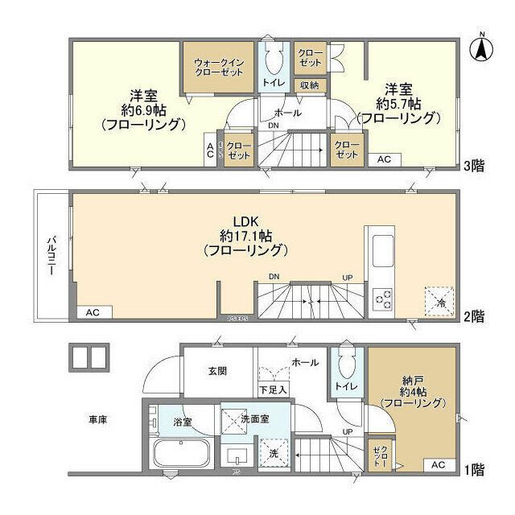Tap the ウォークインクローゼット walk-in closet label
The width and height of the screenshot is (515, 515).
pyautogui.click(x=217, y=66)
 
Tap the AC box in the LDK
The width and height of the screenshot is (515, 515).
pyautogui.click(x=93, y=311)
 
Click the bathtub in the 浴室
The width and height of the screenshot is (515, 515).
pyautogui.click(x=181, y=455)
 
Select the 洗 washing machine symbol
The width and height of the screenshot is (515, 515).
pyautogui.click(x=273, y=453)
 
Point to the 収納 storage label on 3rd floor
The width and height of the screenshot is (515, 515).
pyautogui.click(x=310, y=84)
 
